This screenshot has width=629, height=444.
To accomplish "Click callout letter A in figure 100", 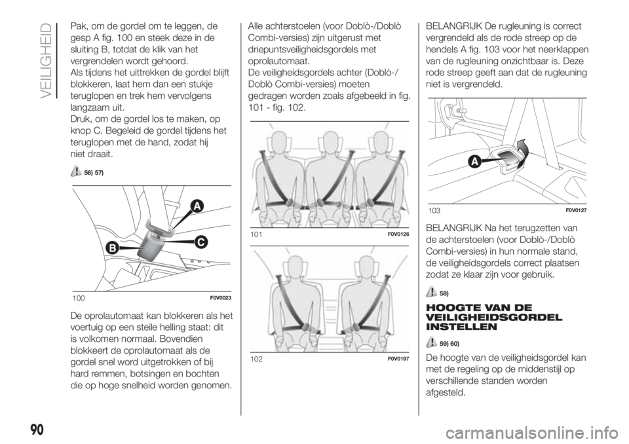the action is pyautogui.click(x=196, y=207).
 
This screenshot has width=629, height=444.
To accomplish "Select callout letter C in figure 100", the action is pyautogui.click(x=200, y=242).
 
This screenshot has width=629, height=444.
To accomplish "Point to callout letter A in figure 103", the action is pyautogui.click(x=474, y=162).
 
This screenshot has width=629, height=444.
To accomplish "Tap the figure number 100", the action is pyautogui.click(x=79, y=298).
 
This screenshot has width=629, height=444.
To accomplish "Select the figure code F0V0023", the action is pyautogui.click(x=220, y=297).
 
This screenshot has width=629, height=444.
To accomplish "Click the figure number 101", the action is pyautogui.click(x=256, y=234).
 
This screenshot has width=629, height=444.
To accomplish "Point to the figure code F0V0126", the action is pyautogui.click(x=398, y=234).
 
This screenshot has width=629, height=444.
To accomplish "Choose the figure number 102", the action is pyautogui.click(x=256, y=359).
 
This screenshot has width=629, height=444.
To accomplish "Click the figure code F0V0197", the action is pyautogui.click(x=398, y=359).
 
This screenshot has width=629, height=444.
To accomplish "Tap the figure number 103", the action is pyautogui.click(x=434, y=211).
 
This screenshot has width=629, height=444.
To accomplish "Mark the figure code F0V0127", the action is pyautogui.click(x=576, y=210).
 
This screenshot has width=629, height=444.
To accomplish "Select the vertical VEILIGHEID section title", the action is pyautogui.click(x=47, y=60).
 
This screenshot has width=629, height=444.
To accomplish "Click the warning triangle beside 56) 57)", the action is pyautogui.click(x=76, y=172).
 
